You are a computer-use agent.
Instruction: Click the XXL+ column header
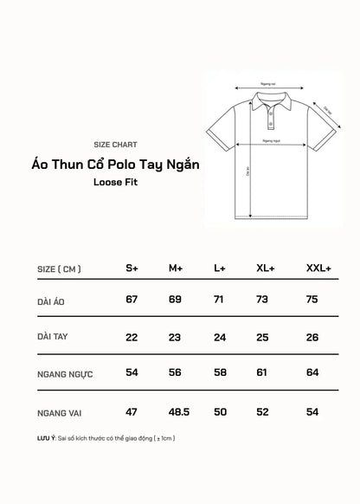tap(318, 268)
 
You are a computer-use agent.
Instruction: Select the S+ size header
tap(132, 268)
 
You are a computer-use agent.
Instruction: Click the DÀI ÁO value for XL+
tap(265, 299)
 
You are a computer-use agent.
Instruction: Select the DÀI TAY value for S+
tap(132, 336)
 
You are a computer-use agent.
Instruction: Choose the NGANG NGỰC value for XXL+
tap(312, 372)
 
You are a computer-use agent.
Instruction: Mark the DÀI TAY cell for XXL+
tap(312, 336)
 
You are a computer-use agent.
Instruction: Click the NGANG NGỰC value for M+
tap(175, 372)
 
